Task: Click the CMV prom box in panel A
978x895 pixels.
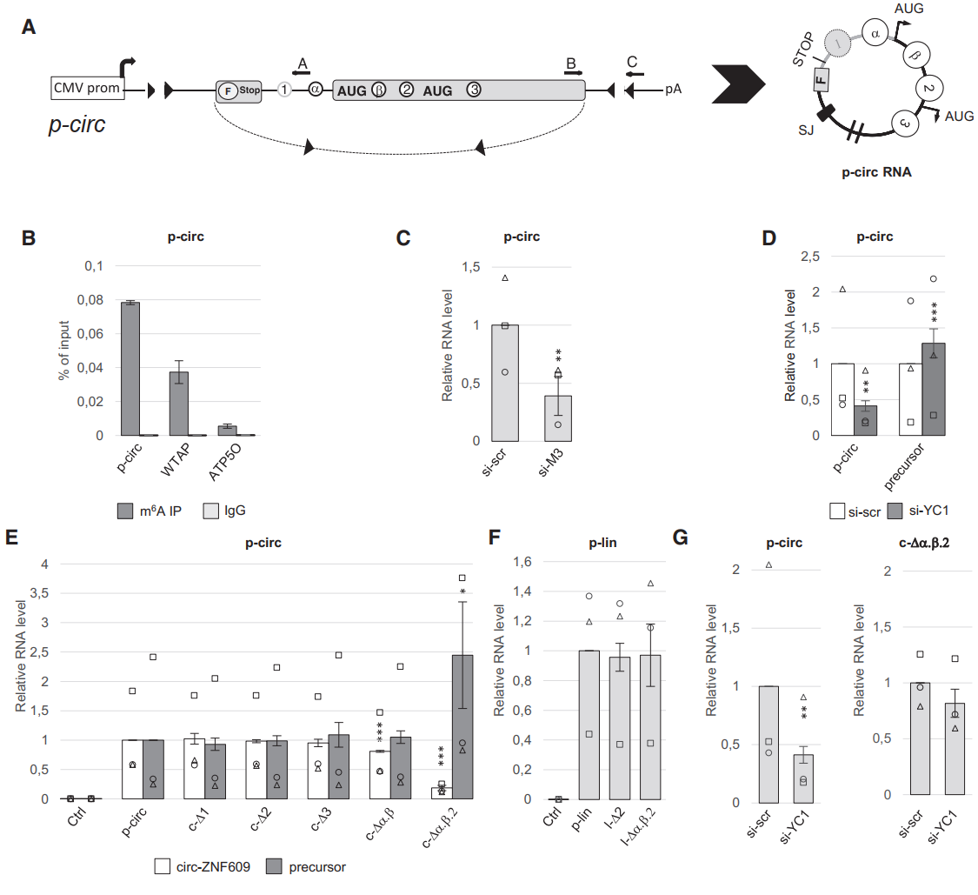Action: point(87,88)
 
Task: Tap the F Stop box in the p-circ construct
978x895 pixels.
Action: point(238,90)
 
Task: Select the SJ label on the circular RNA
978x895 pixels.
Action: point(806,129)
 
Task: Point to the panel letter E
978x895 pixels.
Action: point(12,537)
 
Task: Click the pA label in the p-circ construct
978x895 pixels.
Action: point(675,89)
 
